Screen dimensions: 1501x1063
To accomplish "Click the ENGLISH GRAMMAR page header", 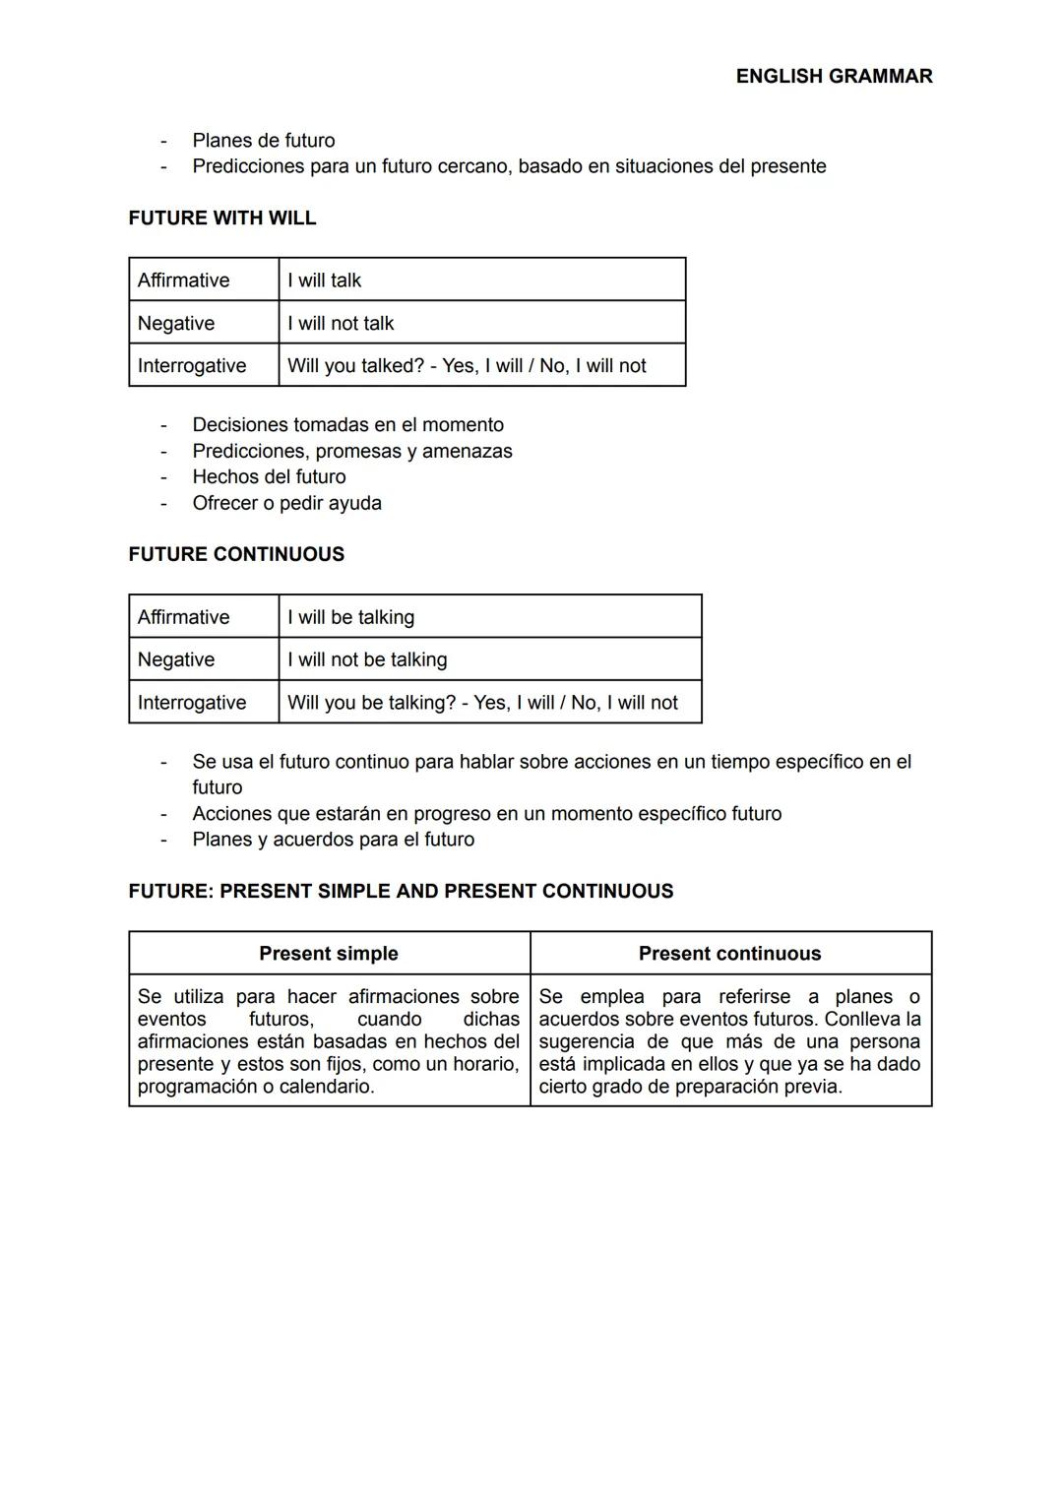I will (x=834, y=76).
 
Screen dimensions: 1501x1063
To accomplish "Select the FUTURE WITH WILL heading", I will (x=222, y=218).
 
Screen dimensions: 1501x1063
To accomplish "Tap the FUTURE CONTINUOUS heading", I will (x=236, y=554).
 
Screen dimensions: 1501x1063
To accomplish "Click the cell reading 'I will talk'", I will (x=324, y=281).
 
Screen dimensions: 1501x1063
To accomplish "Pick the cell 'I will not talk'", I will (x=341, y=323).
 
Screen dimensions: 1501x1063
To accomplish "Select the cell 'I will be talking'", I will (x=350, y=617).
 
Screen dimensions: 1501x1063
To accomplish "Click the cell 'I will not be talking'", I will (x=367, y=659).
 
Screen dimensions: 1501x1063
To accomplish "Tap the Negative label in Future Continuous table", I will (x=176, y=659).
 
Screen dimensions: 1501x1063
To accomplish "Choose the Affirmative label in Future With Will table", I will (x=183, y=281).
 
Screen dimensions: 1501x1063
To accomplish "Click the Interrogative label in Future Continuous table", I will (x=192, y=703).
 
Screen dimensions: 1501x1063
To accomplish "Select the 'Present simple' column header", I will (x=329, y=954).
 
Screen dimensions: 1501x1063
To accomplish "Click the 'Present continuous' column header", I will (x=729, y=954).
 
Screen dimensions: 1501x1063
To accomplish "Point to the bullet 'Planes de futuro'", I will (x=264, y=141).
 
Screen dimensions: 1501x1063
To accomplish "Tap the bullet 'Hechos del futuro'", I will (x=269, y=477).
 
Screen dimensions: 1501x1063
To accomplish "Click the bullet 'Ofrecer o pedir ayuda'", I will (x=286, y=503).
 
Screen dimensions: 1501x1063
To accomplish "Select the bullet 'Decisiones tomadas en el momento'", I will (x=347, y=425).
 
